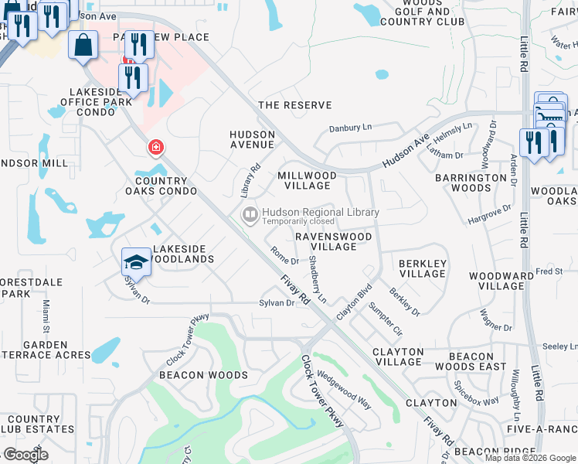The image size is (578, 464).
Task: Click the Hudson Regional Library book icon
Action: pyautogui.click(x=250, y=214)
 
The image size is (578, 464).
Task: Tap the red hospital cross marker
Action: pyautogui.click(x=156, y=147)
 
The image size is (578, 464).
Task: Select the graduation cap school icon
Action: pyautogui.click(x=136, y=262)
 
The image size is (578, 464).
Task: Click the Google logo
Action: pyautogui.click(x=25, y=455)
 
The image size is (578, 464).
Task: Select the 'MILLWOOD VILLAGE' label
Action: pyautogui.click(x=307, y=180)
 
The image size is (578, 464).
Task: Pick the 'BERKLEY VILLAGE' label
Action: pyautogui.click(x=422, y=268)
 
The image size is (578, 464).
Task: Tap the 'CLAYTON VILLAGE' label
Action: pyautogui.click(x=398, y=357)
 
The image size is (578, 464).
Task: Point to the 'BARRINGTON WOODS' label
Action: pyautogui.click(x=471, y=183)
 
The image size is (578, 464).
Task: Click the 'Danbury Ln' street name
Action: pyautogui.click(x=350, y=128)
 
